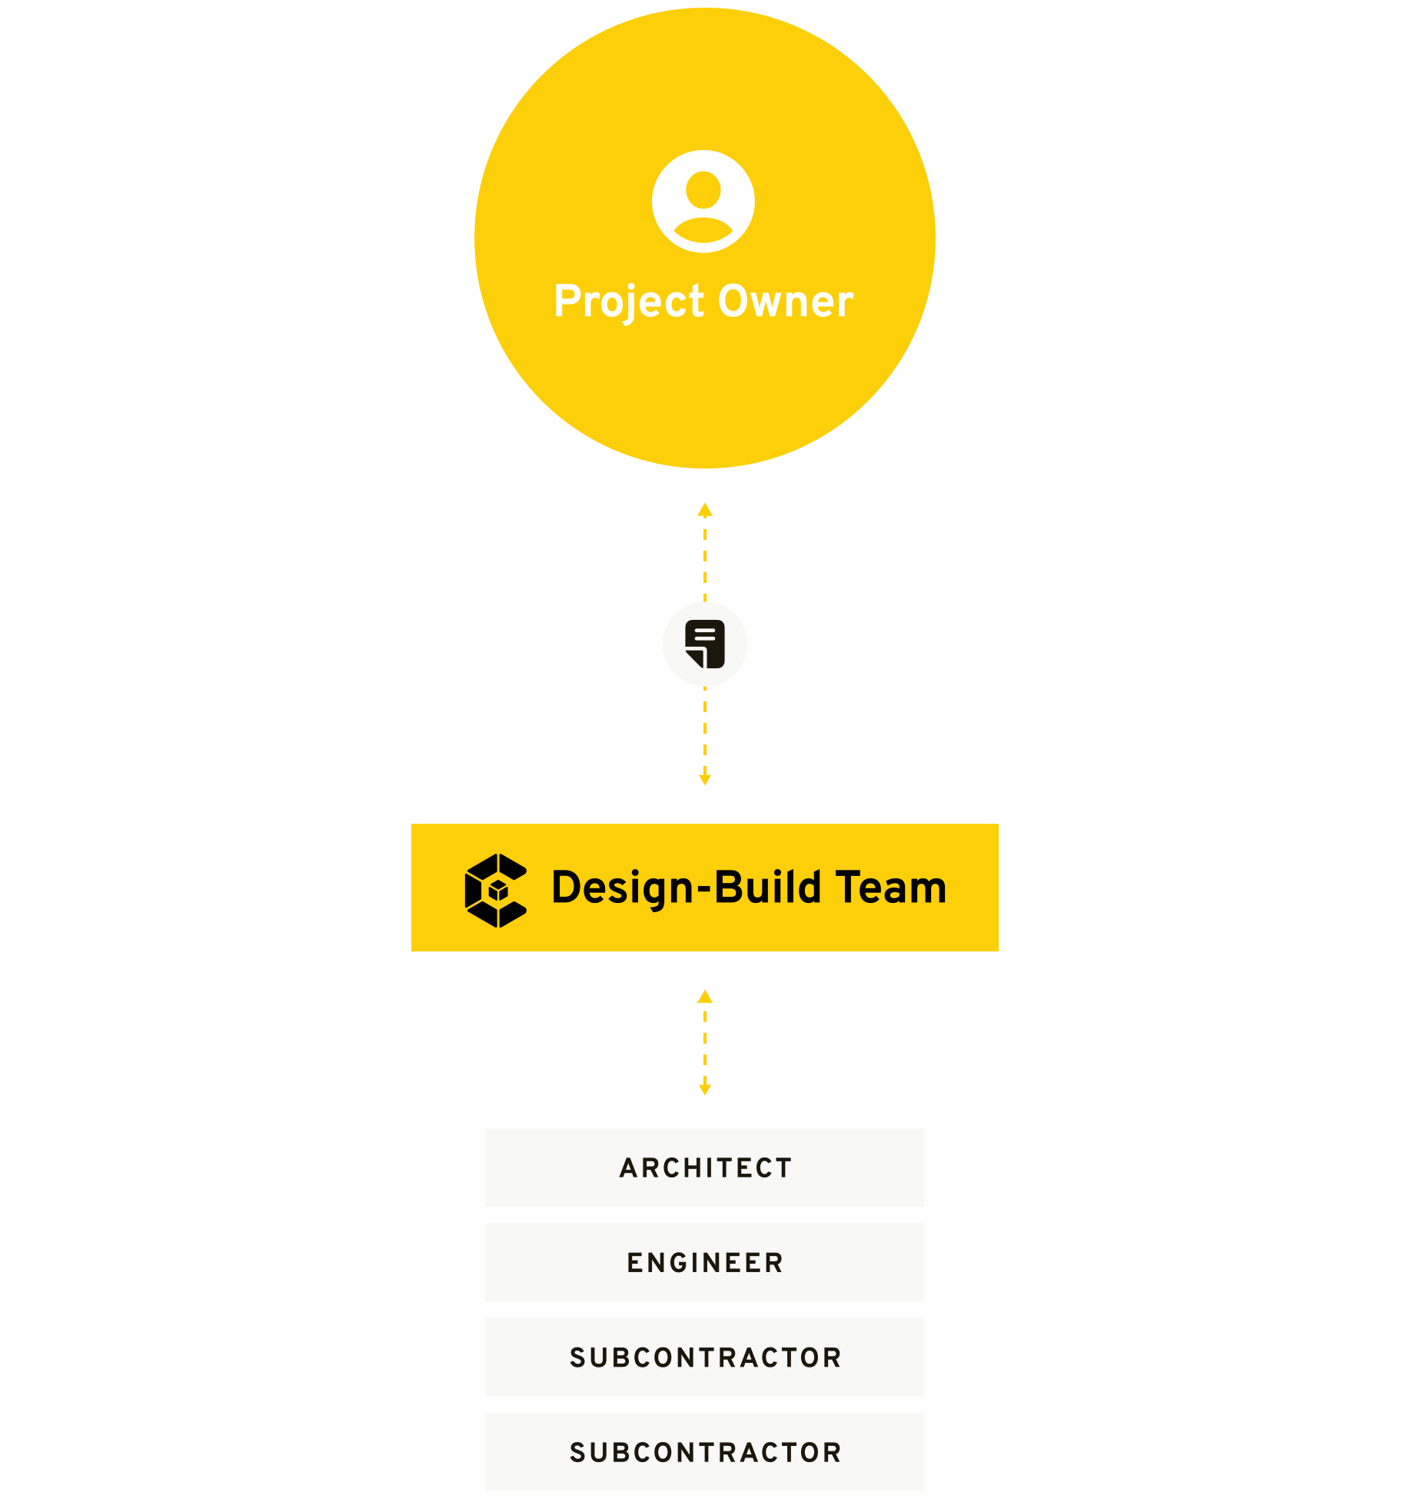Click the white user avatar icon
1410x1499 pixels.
pyautogui.click(x=703, y=202)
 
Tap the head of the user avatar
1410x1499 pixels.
pyautogui.click(x=703, y=189)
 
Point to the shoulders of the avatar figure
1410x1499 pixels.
pyautogui.click(x=703, y=232)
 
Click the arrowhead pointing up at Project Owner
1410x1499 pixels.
pyautogui.click(x=705, y=510)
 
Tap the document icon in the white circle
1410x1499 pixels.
pyautogui.click(x=705, y=644)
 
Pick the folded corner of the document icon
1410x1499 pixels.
pyautogui.click(x=695, y=658)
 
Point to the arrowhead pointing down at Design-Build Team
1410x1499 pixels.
pyautogui.click(x=705, y=779)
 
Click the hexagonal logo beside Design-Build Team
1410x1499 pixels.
pyautogui.click(x=496, y=890)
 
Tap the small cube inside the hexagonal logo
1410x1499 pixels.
pyautogui.click(x=499, y=891)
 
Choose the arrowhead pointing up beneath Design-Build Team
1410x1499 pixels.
pyautogui.click(x=705, y=997)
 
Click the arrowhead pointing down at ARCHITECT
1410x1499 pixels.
pyautogui.click(x=705, y=1089)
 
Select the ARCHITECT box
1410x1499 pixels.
pyautogui.click(x=705, y=1168)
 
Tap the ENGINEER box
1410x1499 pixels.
pyautogui.click(x=705, y=1262)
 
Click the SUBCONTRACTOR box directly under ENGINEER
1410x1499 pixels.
pyautogui.click(x=705, y=1357)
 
